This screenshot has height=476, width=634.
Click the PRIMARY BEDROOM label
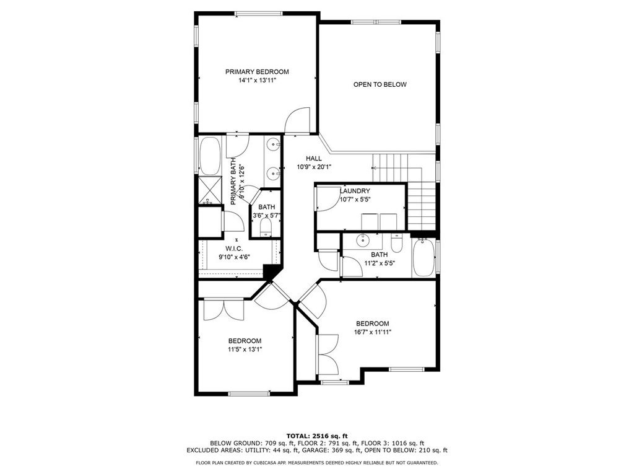tap(257, 72)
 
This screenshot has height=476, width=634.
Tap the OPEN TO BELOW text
tap(380, 84)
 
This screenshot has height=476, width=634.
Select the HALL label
tap(314, 159)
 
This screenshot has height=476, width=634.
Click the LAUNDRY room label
tap(355, 191)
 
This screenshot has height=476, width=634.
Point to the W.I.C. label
tap(234, 249)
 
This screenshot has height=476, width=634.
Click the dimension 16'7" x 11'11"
tap(372, 332)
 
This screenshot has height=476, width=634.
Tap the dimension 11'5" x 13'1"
tap(245, 350)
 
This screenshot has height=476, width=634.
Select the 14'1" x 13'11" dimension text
tap(257, 81)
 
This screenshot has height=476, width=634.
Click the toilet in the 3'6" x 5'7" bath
tap(266, 228)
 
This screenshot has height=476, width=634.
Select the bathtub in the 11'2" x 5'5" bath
tap(423, 258)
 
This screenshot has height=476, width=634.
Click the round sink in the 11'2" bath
tap(363, 240)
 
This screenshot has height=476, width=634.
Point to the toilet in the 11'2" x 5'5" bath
tap(397, 242)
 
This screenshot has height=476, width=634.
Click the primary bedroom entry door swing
tap(297, 120)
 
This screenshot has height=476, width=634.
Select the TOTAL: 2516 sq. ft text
tap(317, 436)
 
